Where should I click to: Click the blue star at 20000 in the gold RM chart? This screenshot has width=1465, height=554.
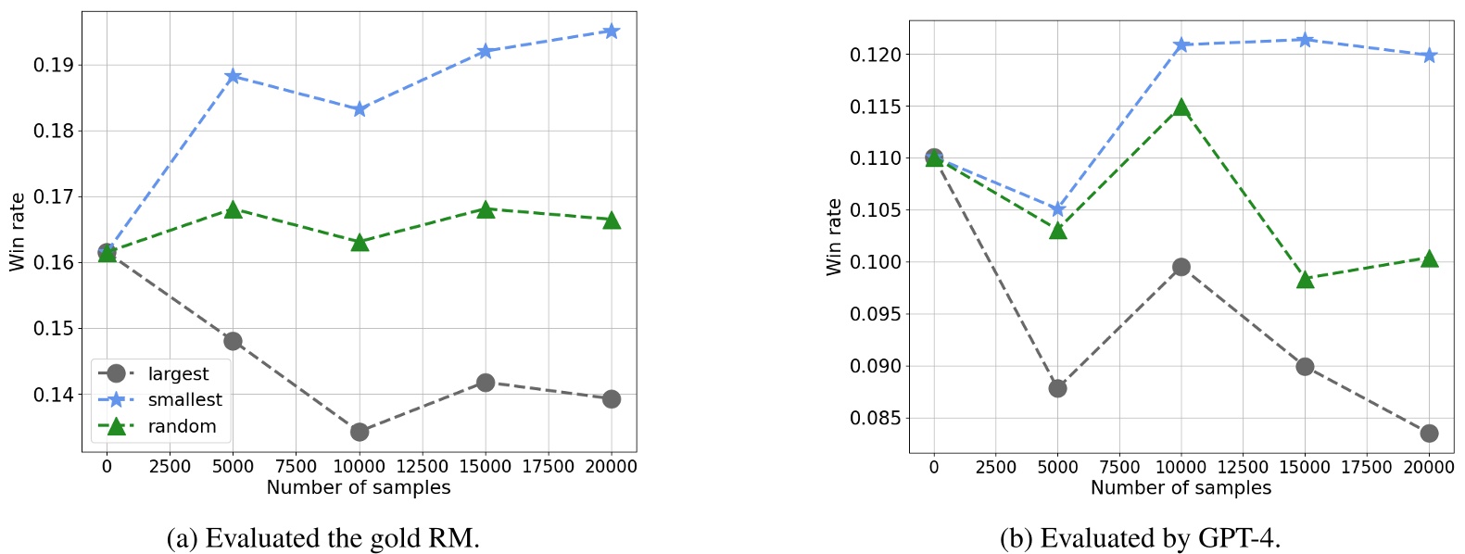pos(611,31)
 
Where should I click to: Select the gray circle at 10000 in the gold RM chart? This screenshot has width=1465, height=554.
pos(360,432)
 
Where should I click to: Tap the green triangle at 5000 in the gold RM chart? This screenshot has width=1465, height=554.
pos(234,210)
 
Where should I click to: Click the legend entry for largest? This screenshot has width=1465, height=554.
pos(178,373)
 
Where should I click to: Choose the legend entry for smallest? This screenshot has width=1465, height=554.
pos(184,399)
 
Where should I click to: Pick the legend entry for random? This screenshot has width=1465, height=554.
pos(182,426)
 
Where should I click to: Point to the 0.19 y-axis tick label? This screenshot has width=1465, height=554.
pos(54,65)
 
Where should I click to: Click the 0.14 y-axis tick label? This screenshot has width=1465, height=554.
pos(54,395)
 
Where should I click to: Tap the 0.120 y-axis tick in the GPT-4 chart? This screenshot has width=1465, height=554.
pos(875,55)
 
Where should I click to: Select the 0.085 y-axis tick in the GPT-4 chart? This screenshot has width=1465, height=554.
pos(875,418)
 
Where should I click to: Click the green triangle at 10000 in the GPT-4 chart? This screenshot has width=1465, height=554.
pos(1181,108)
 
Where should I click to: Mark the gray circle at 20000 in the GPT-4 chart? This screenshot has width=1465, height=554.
pos(1429,433)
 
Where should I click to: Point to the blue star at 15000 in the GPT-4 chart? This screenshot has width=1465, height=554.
pos(1305,40)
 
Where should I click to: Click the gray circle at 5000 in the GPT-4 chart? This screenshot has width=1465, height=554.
pos(1057,388)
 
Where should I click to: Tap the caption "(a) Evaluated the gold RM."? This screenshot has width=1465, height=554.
pos(322,538)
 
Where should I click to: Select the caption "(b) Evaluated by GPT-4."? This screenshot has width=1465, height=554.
pos(1140,538)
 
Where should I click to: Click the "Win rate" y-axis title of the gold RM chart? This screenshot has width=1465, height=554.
pos(17,232)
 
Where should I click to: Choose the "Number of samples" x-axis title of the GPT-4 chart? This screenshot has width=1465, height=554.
pos(1181,488)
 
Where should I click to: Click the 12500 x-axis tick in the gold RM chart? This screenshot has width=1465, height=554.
pos(422,467)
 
